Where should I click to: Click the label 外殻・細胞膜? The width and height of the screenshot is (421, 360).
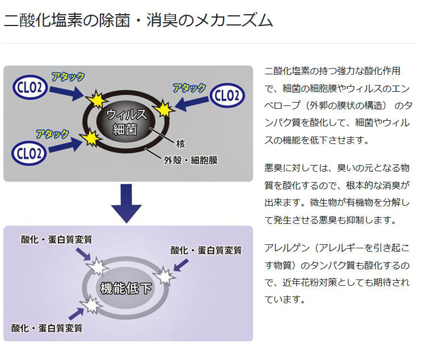point(191,160)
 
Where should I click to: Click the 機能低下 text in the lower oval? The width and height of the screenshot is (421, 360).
point(126,288)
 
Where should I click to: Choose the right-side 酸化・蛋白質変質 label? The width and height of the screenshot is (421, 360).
point(207,250)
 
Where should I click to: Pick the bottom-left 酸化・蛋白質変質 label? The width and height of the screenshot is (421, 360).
point(47,328)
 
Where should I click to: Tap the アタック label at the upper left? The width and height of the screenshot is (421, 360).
point(68,76)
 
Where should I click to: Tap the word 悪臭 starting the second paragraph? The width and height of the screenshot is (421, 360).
point(273,168)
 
